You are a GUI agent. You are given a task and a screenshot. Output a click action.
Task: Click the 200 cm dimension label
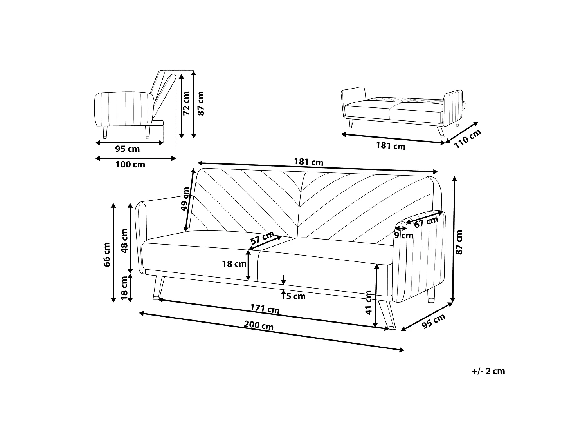(259, 325)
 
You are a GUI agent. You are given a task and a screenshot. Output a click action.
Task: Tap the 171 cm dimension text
(265, 309)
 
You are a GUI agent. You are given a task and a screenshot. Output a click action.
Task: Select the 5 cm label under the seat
(296, 296)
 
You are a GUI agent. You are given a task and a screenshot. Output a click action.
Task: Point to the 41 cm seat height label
(369, 303)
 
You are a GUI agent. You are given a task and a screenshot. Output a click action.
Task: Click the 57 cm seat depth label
(262, 238)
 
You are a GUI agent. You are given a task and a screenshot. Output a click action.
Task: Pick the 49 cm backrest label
(185, 199)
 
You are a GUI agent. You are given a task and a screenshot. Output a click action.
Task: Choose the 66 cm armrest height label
(107, 255)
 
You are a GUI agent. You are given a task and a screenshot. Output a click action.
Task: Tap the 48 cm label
(124, 241)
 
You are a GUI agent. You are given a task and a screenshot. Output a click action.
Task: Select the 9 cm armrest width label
(404, 235)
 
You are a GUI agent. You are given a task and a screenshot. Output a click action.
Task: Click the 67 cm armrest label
(426, 222)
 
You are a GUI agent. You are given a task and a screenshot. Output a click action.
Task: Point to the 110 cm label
(468, 139)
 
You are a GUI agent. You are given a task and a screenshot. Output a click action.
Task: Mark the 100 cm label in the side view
(130, 164)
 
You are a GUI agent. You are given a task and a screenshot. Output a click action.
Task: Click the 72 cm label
(186, 103)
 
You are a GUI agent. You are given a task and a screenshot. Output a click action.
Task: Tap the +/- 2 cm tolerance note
(488, 371)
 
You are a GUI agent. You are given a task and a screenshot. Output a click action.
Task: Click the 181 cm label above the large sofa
(309, 162)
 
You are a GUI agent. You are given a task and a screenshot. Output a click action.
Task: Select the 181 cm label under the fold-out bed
(391, 146)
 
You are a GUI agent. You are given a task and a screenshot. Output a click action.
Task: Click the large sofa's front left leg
(159, 288)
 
